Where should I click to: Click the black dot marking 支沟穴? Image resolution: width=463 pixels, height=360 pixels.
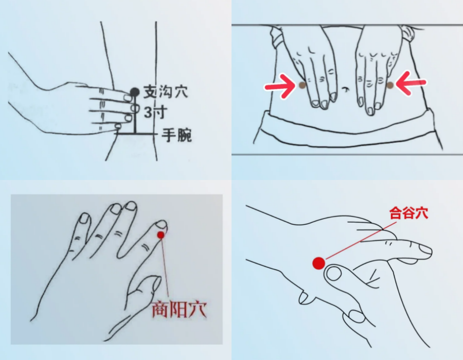tap(135, 92)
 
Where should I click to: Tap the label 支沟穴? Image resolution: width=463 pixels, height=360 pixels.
tap(166, 92)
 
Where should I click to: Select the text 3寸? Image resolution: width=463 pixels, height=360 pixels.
tap(155, 113)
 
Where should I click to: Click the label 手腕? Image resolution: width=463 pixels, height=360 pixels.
tap(176, 135)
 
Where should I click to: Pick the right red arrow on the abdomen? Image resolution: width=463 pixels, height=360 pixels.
tap(411, 84)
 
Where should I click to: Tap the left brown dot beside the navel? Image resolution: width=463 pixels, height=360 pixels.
tap(302, 85)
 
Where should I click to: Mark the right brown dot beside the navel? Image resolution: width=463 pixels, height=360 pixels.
tap(390, 85)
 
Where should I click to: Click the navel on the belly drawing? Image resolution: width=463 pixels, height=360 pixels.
tap(344, 89)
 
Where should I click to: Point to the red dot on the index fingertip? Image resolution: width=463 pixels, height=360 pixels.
tap(161, 235)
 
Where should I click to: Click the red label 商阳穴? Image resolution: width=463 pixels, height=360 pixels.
tap(179, 310)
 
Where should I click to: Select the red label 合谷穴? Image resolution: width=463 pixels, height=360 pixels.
tap(408, 213)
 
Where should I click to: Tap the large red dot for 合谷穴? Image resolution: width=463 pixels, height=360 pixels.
tap(319, 263)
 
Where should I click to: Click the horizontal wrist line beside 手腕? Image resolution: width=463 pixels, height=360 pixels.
tap(136, 134)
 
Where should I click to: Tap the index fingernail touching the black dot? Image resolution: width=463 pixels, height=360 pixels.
tap(128, 97)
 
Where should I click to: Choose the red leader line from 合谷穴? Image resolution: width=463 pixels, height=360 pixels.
tap(361, 240)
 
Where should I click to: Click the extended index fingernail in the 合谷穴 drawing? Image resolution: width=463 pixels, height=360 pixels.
tap(425, 251)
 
